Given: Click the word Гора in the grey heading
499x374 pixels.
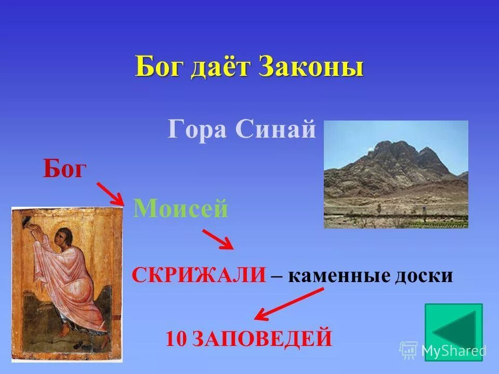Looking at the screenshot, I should [197, 129].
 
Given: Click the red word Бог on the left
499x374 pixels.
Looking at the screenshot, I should [63, 169].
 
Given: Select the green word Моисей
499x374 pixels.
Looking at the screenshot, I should [181, 209].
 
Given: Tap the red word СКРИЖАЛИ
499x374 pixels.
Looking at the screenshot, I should [199, 275].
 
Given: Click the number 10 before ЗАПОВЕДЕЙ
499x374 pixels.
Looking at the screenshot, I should [177, 339].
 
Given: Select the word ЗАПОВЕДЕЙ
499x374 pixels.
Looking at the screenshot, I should [262, 339].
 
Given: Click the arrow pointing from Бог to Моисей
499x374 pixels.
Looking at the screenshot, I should [110, 193].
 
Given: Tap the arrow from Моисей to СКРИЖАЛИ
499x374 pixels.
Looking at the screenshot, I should [218, 239].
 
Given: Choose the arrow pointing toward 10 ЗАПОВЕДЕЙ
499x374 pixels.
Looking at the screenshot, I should [288, 304].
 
